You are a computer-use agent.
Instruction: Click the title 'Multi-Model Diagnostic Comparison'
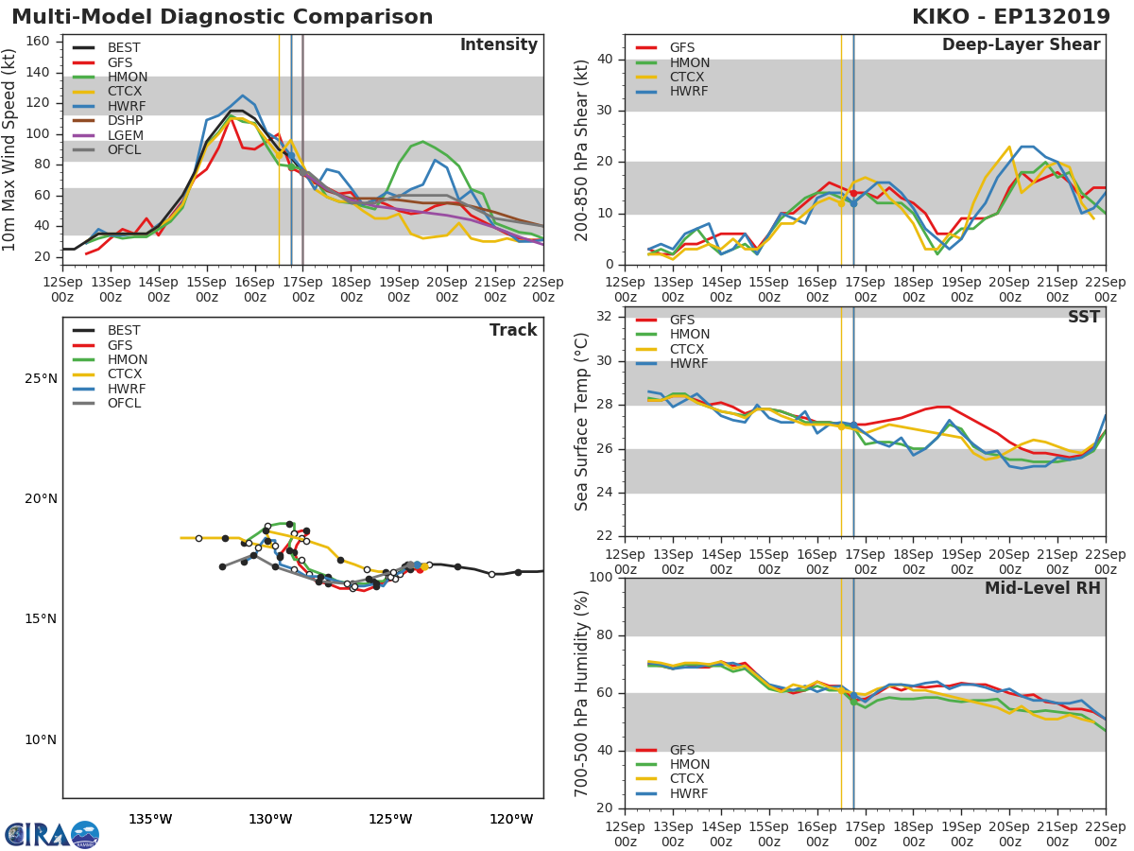click(222, 17)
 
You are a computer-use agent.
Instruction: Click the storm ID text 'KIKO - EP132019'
click(1018, 17)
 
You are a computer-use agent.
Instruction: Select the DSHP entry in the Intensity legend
click(125, 120)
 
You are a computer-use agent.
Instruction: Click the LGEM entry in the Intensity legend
click(125, 135)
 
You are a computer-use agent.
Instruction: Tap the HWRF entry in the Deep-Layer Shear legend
click(688, 92)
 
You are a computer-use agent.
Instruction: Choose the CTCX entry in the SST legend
click(688, 349)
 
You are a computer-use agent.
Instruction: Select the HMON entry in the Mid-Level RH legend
click(688, 764)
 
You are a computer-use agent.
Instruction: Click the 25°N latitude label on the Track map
click(41, 379)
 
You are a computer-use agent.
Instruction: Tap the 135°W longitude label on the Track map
click(150, 819)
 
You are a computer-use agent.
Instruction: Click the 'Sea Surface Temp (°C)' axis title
click(582, 422)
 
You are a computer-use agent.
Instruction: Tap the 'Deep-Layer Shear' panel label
click(1021, 45)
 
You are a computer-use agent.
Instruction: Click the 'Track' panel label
click(513, 330)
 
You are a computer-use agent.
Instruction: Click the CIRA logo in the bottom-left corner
click(52, 834)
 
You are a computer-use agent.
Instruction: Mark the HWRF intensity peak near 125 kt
click(243, 96)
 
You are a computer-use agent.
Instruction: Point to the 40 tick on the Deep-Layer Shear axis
click(604, 60)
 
